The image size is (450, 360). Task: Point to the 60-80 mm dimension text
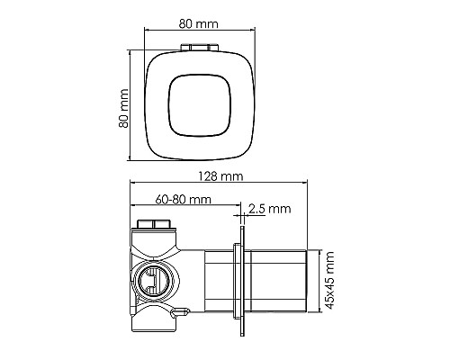tap(184, 198)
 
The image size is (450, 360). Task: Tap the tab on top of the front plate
tap(198, 46)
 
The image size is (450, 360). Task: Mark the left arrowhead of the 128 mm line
tap(133, 185)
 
